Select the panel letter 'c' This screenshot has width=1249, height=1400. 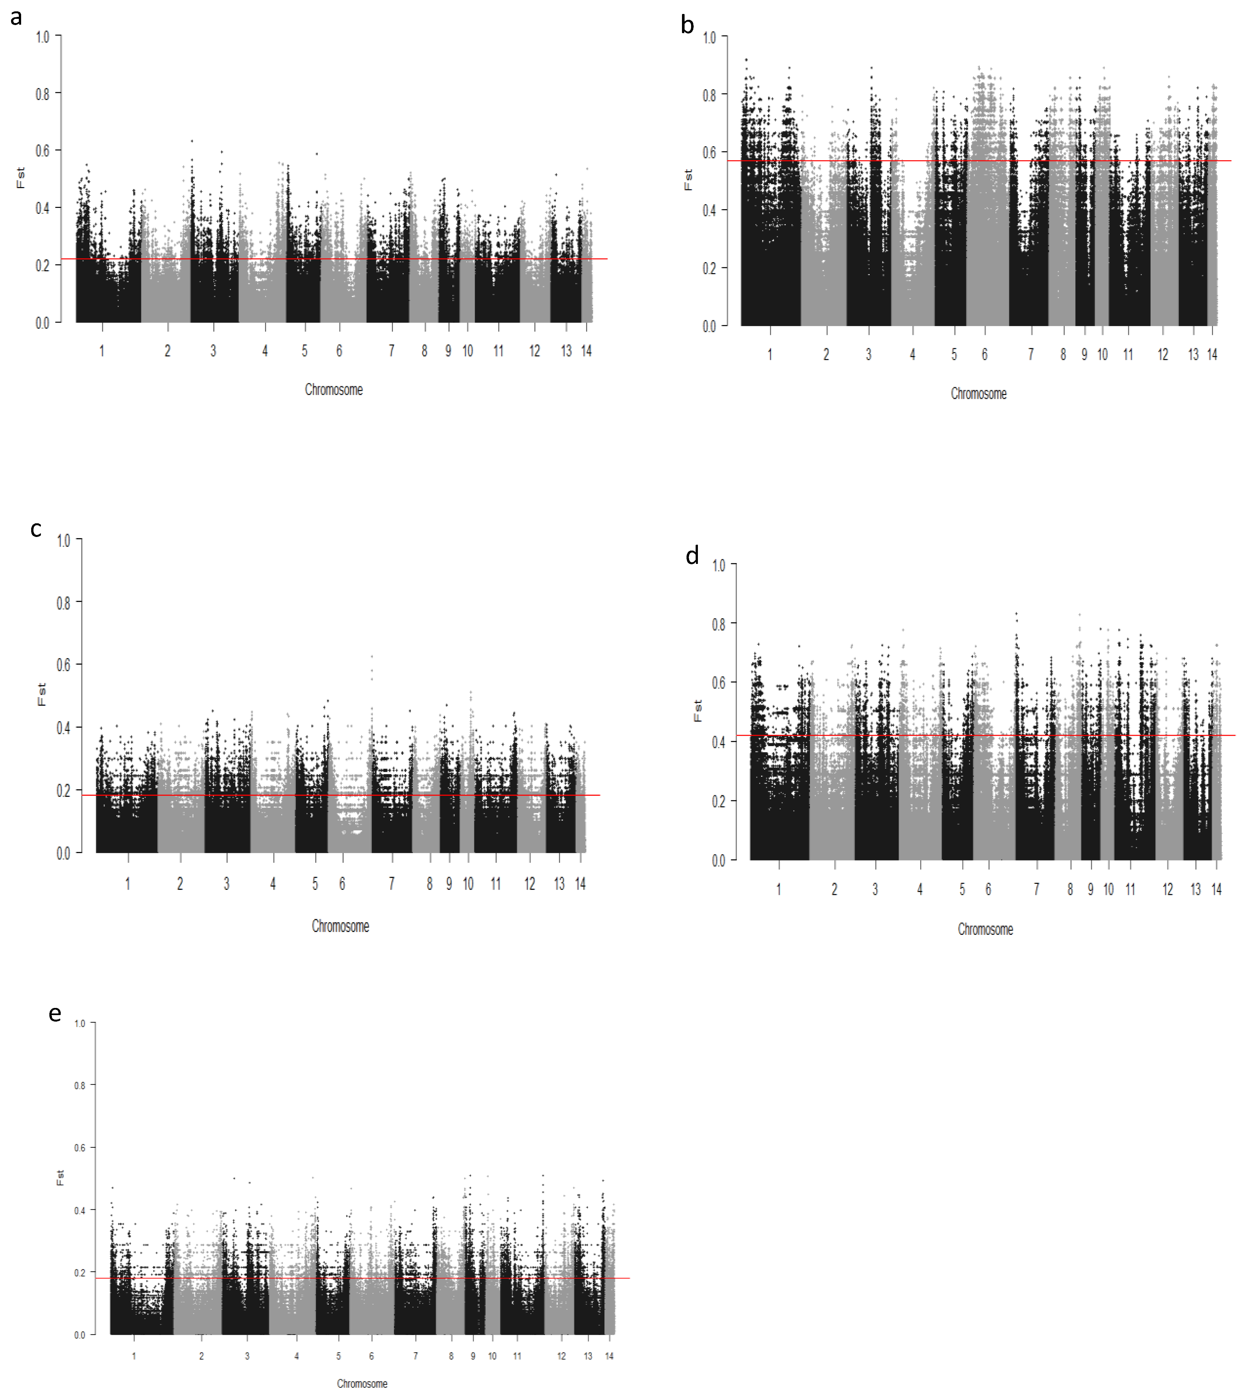(x=36, y=529)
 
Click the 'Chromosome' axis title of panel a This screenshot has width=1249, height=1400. (x=334, y=390)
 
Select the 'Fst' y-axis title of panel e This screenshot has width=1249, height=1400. (x=60, y=1177)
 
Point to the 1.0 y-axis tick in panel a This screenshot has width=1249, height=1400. (x=43, y=36)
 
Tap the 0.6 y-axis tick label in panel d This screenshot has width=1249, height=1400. (x=719, y=683)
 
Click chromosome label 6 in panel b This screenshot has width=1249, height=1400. (x=984, y=355)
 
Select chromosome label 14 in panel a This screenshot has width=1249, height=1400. (x=586, y=351)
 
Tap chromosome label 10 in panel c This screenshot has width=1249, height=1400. (x=468, y=884)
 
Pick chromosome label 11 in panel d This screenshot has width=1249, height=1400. (x=1130, y=890)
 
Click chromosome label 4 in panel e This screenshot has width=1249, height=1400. (x=296, y=1356)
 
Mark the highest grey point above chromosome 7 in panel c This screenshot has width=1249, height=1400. (x=372, y=656)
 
